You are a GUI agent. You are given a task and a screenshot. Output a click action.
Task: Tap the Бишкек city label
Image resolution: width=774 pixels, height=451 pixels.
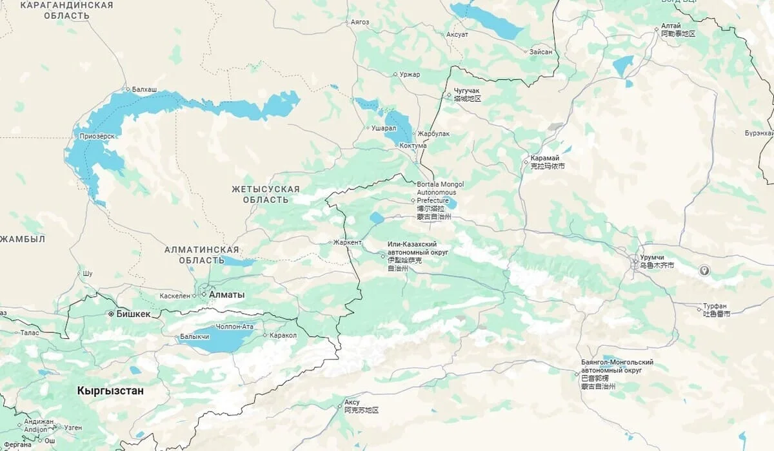pos(133,314)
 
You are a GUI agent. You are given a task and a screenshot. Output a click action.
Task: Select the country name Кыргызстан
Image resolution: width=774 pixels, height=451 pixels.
pos(110,391)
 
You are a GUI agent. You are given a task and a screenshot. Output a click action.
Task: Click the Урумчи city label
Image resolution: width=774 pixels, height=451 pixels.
pos(651,257)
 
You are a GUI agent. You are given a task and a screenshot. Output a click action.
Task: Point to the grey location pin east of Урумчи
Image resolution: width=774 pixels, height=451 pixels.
pos(704,271)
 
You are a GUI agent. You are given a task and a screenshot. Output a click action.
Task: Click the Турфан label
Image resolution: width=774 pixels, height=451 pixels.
pos(715,306)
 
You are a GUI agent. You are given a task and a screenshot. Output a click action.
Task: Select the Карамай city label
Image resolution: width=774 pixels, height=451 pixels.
pos(544,158)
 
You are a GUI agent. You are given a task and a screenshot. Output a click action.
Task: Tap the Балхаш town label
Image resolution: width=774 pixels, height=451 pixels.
pos(144,89)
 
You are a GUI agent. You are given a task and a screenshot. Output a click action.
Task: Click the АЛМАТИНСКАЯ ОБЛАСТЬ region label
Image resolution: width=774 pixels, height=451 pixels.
pos(201,254)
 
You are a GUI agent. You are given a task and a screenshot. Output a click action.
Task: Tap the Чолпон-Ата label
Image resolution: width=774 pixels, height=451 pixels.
pos(235,327)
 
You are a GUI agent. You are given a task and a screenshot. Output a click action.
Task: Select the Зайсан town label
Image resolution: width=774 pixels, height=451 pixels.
pos(541,52)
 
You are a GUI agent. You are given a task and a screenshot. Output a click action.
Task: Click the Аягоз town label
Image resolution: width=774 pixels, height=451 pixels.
pos(360,22)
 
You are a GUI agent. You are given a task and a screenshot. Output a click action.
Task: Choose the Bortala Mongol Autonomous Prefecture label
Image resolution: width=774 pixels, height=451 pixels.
pos(440,192)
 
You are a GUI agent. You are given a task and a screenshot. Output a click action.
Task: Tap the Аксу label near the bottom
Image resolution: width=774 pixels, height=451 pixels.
pos(352,402)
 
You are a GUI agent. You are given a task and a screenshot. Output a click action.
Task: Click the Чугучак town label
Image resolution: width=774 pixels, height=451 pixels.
pos(466,91)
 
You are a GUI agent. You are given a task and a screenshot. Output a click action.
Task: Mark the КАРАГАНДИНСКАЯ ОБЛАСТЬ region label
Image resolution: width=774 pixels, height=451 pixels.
pos(66,10)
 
